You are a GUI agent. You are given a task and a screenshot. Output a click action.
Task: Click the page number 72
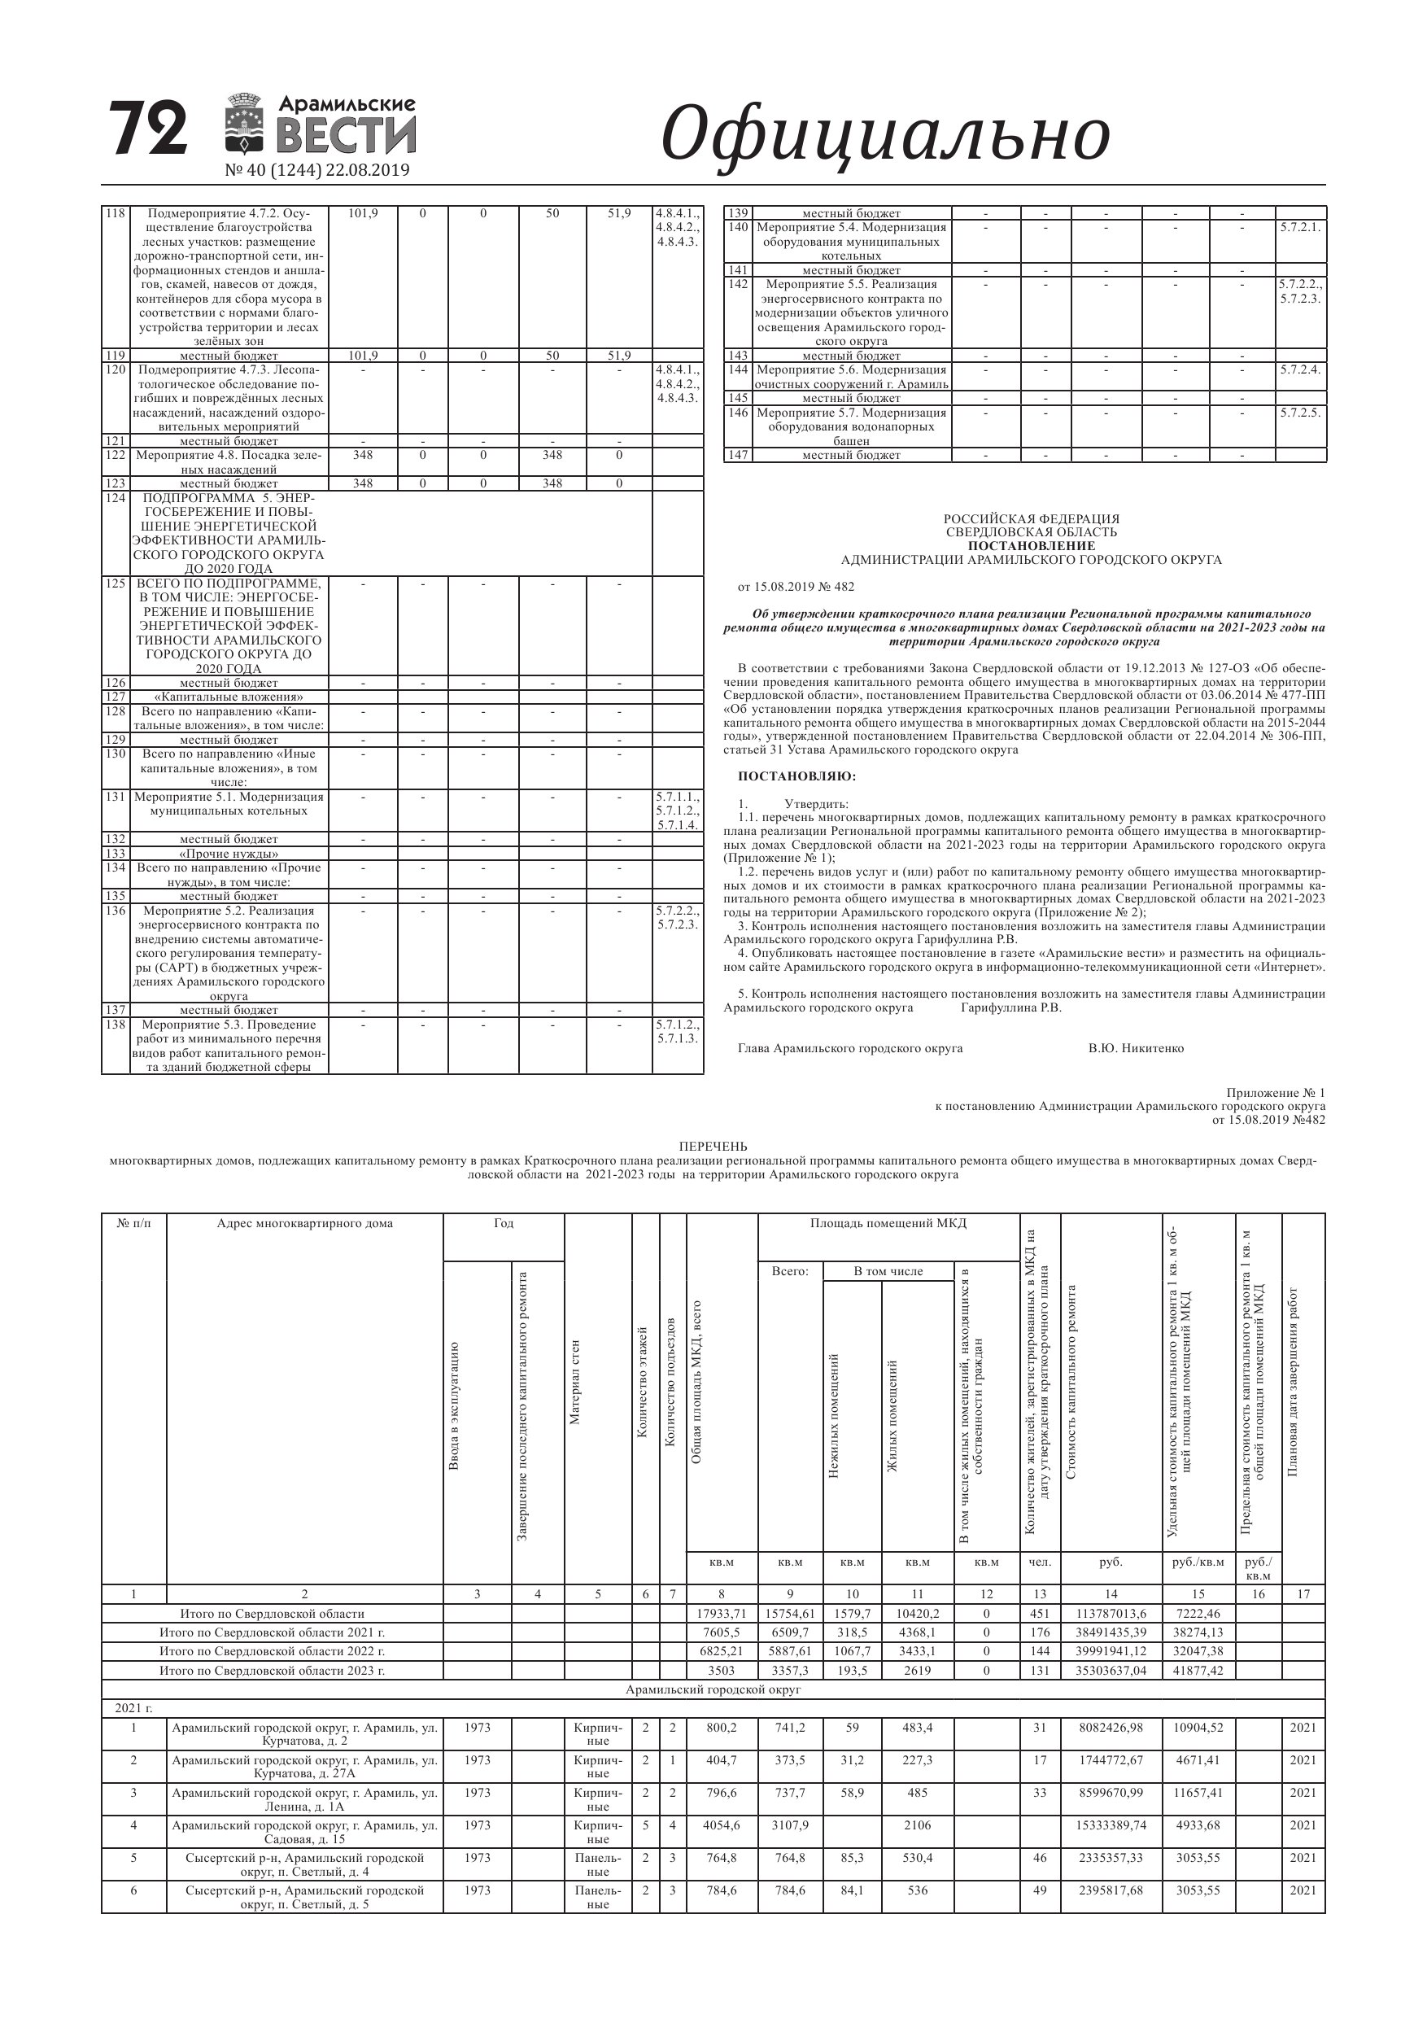pyautogui.click(x=149, y=129)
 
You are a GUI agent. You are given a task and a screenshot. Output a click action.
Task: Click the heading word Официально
pyautogui.click(x=884, y=134)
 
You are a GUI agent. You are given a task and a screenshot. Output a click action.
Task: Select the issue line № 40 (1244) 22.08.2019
pyautogui.click(x=317, y=171)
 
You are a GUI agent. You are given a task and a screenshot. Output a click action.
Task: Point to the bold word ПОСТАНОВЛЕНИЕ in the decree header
pyautogui.click(x=1032, y=545)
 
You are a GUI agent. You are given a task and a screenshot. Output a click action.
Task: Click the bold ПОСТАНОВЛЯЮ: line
pyautogui.click(x=796, y=776)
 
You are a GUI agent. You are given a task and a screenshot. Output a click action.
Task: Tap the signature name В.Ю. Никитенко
pyautogui.click(x=1136, y=1048)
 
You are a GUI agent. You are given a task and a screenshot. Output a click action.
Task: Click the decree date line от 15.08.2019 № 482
pyautogui.click(x=796, y=587)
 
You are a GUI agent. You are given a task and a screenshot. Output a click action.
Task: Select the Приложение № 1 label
pyautogui.click(x=1276, y=1093)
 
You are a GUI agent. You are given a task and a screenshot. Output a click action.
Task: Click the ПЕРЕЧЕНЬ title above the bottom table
pyautogui.click(x=713, y=1146)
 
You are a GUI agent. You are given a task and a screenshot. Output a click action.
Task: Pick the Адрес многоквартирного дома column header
pyautogui.click(x=304, y=1223)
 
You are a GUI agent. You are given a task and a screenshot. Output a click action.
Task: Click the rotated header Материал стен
pyautogui.click(x=575, y=1382)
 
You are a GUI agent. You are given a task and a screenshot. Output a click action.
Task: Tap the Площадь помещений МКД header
pyautogui.click(x=888, y=1223)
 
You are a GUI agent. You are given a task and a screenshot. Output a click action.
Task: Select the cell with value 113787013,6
pyautogui.click(x=1111, y=1614)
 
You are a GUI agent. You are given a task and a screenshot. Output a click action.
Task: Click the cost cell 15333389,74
pyautogui.click(x=1111, y=1825)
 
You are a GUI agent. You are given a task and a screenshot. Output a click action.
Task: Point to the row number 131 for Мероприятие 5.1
pyautogui.click(x=116, y=797)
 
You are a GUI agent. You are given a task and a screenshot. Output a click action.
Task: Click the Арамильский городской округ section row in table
pyautogui.click(x=713, y=1689)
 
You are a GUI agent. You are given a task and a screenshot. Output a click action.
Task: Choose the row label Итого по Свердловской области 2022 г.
pyautogui.click(x=272, y=1651)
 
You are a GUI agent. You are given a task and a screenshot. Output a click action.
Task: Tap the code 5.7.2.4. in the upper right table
pyautogui.click(x=1300, y=370)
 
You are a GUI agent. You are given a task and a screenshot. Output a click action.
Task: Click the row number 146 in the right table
pyautogui.click(x=738, y=413)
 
